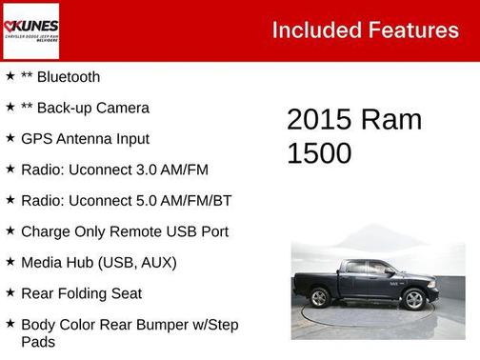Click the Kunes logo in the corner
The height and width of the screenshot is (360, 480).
coord(30,30)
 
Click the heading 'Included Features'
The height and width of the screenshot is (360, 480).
coord(365,30)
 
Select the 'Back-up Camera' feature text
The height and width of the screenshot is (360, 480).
coord(91,108)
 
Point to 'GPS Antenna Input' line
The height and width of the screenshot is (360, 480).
coord(85,138)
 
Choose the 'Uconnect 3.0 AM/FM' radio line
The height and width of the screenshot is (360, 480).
coord(114,170)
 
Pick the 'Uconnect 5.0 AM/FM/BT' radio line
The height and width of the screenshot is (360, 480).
coord(126,200)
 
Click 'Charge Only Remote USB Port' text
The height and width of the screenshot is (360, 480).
coord(124,231)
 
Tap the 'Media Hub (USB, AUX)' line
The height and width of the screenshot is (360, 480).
coord(98,262)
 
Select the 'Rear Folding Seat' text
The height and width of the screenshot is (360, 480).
coord(81,293)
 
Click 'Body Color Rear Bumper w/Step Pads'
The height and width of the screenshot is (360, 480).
coord(129,332)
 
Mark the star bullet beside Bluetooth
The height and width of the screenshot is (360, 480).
coord(10,76)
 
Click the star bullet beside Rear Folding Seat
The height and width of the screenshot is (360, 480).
coord(10,292)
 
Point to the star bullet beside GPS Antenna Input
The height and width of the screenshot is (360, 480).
coord(10,138)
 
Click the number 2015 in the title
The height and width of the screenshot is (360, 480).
coord(319,120)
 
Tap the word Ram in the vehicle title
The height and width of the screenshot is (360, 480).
coord(390,120)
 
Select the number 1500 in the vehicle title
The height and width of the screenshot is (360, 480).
coord(319,152)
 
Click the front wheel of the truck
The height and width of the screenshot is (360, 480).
coord(413,299)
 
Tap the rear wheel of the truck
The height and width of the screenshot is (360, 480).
coord(320,298)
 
